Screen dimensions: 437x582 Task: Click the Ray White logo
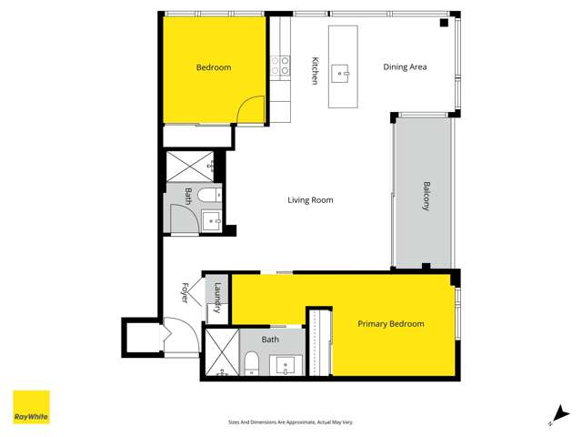[31, 407]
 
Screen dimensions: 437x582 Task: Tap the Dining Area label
[405, 66]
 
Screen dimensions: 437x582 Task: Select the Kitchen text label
[316, 71]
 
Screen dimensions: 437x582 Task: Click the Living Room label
[311, 200]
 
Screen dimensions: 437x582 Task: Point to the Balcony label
[426, 196]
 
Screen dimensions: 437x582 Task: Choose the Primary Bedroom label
[390, 323]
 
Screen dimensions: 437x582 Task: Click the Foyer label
[185, 293]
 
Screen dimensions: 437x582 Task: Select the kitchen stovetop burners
[280, 66]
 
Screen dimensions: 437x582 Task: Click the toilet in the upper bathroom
[207, 195]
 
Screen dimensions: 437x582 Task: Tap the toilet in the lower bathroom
[251, 365]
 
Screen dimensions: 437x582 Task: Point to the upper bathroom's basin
[211, 218]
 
